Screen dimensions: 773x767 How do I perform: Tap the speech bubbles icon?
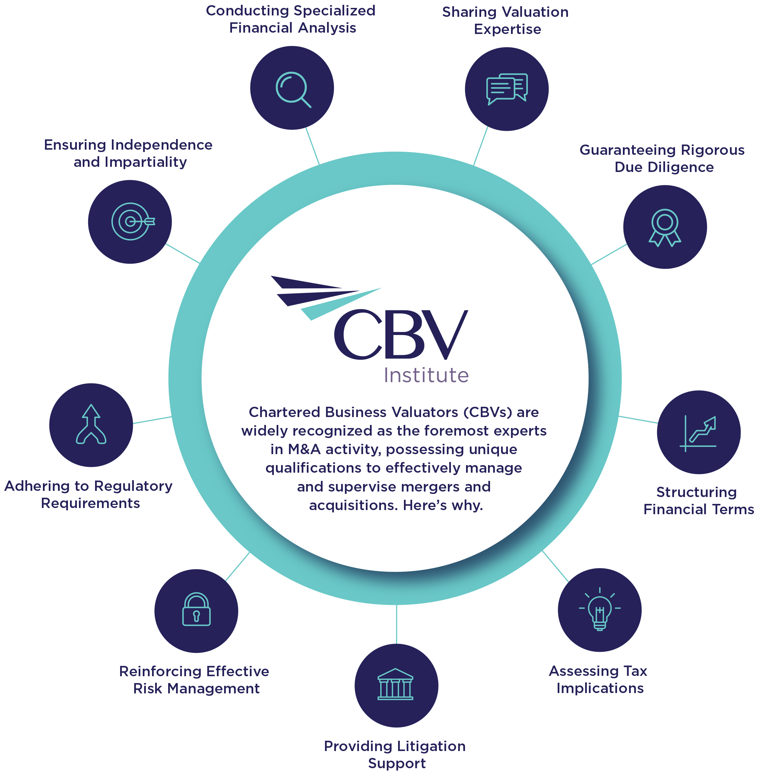click(x=507, y=89)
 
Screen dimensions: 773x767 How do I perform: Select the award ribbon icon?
click(x=665, y=227)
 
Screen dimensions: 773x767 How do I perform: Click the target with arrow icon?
click(x=131, y=221)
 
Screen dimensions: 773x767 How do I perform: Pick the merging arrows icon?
click(x=91, y=425)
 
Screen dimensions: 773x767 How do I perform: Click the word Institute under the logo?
click(x=426, y=375)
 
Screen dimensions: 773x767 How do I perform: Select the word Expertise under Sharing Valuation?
click(x=507, y=29)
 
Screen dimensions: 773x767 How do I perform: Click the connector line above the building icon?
click(x=396, y=624)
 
